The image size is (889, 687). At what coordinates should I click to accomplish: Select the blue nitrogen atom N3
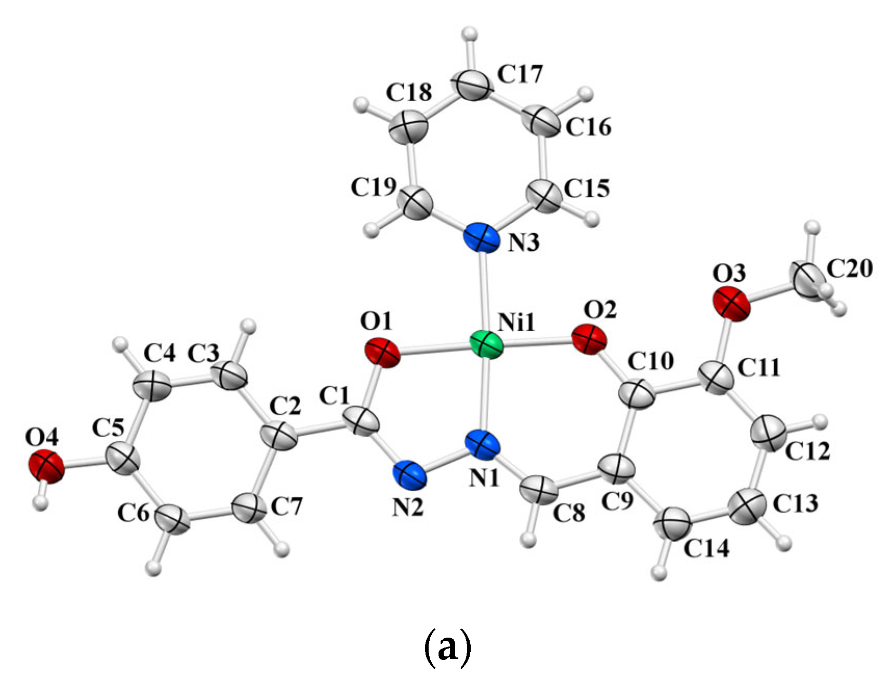[481, 238]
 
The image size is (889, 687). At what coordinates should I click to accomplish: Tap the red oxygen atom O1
[382, 353]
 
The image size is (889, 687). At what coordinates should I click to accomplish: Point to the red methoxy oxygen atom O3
[732, 304]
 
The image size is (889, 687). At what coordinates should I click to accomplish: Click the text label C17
[520, 74]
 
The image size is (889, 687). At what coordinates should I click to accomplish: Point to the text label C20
[850, 268]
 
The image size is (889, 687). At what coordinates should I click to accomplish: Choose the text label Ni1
[516, 323]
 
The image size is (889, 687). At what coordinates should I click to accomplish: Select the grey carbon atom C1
[362, 421]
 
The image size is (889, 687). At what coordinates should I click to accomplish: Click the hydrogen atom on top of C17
[471, 35]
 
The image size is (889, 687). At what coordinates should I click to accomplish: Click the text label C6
[134, 514]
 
